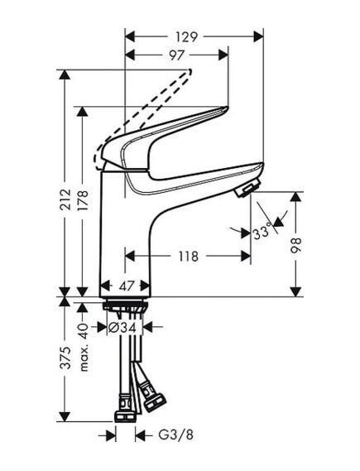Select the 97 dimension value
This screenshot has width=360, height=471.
pyautogui.click(x=175, y=54)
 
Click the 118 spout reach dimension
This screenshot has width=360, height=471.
pyautogui.click(x=188, y=257)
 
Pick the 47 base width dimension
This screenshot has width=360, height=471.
pyautogui.click(x=127, y=286)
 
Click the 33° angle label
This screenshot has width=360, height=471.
pyautogui.click(x=262, y=234)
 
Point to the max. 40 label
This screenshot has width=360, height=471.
pyautogui.click(x=82, y=339)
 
